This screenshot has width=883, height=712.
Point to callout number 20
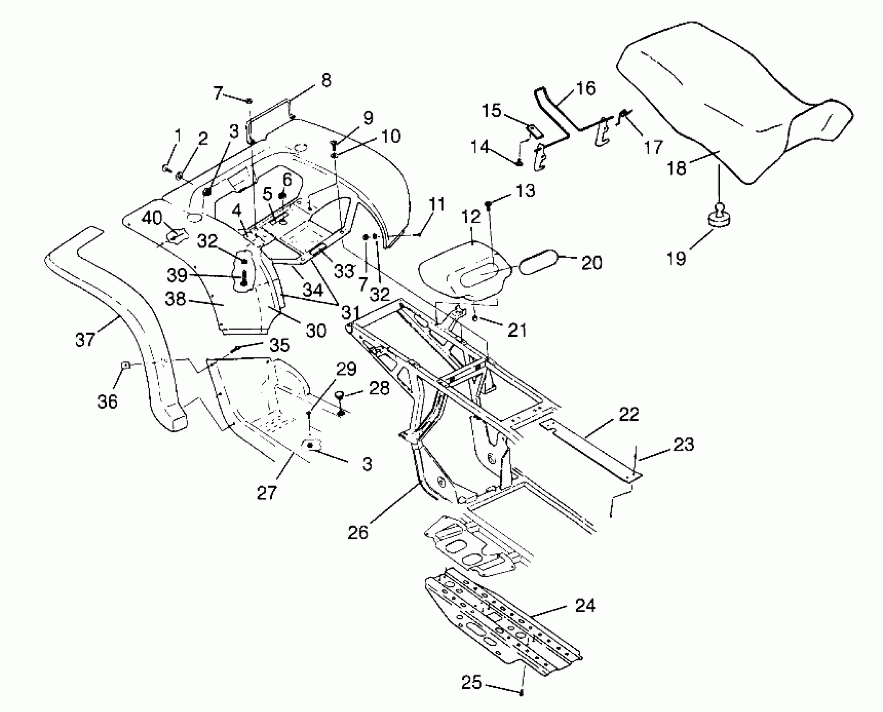click(x=591, y=263)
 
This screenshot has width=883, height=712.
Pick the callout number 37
click(x=85, y=339)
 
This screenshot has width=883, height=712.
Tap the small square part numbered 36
click(x=125, y=365)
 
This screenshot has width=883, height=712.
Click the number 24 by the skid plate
click(x=585, y=606)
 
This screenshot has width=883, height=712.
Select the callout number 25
click(x=471, y=683)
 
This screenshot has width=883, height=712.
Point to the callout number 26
click(x=358, y=532)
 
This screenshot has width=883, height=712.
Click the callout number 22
click(x=628, y=415)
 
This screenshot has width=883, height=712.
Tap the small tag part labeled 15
click(x=534, y=131)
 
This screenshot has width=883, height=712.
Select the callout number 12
click(x=471, y=217)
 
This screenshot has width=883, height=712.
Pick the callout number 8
click(x=326, y=80)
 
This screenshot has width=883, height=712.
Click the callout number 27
click(x=267, y=493)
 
